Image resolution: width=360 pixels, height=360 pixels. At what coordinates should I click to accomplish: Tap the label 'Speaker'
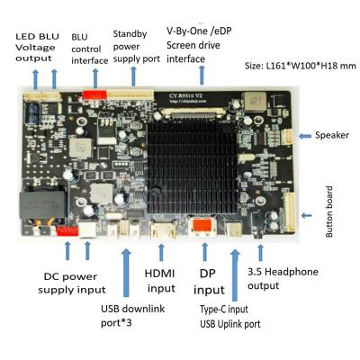point(331,136)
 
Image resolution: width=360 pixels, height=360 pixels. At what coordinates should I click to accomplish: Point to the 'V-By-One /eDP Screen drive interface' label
point(199,43)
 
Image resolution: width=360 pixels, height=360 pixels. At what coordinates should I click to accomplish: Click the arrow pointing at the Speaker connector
point(303,135)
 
